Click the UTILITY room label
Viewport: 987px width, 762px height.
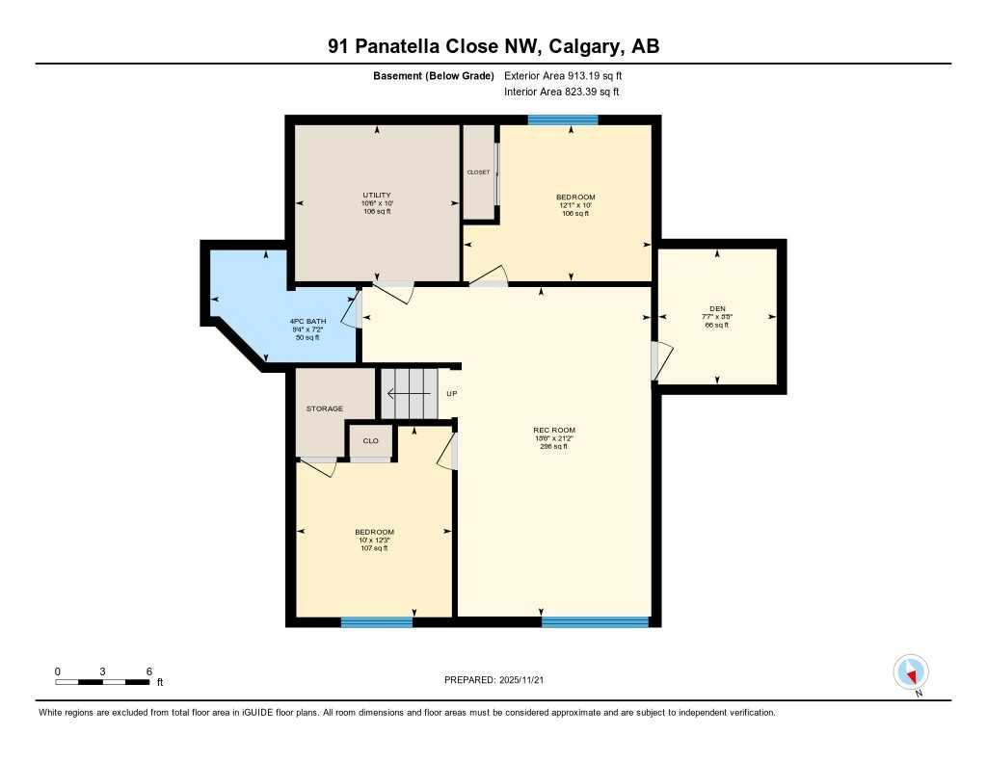coord(376,196)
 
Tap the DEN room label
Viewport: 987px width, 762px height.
coord(716,308)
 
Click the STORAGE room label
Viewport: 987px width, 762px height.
coord(325,408)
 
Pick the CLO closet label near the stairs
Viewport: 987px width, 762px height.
coord(370,441)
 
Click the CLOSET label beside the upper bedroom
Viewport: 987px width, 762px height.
coord(478,172)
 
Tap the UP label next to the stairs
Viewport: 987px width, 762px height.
coord(451,393)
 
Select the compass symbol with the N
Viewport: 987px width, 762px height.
coord(911,672)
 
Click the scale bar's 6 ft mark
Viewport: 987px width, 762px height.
coord(148,671)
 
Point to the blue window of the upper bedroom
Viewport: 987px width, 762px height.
coord(563,120)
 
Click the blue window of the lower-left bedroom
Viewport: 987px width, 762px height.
coord(377,622)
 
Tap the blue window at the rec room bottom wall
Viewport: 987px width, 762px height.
coord(595,622)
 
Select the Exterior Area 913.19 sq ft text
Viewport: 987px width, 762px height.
coord(570,76)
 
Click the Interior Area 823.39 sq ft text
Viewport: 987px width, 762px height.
coord(561,92)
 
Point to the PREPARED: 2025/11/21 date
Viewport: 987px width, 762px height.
coord(499,680)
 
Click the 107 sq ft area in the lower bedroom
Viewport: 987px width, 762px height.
coord(374,548)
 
